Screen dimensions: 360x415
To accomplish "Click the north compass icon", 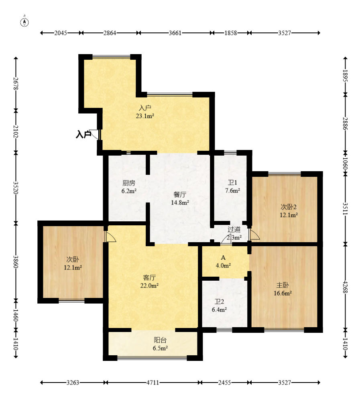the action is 24,22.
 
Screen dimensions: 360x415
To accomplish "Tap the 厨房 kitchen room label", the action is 129,187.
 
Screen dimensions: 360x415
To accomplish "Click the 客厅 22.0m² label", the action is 149,281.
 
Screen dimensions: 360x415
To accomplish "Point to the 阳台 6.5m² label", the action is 160,344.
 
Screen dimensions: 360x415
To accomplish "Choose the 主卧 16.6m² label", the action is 283,289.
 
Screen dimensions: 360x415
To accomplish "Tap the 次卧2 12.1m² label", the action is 289,211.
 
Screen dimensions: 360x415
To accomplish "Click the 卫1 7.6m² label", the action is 233,186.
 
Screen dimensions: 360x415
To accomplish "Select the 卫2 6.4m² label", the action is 220,306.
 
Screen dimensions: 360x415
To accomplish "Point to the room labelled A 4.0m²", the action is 223,261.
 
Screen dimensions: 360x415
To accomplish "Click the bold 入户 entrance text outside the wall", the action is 83,134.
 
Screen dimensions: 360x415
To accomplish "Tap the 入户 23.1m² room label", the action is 145,112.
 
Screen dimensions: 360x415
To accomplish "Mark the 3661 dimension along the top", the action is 175,33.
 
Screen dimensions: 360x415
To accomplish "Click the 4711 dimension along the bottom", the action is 153,383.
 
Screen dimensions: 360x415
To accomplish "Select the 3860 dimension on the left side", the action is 16,262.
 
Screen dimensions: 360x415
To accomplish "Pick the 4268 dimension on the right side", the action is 345,287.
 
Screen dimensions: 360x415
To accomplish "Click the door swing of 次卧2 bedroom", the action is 254,235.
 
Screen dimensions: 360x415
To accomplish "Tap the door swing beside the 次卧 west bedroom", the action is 110,237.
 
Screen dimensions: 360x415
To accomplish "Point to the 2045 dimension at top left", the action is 61,33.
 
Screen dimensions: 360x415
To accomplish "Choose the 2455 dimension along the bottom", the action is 225,383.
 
